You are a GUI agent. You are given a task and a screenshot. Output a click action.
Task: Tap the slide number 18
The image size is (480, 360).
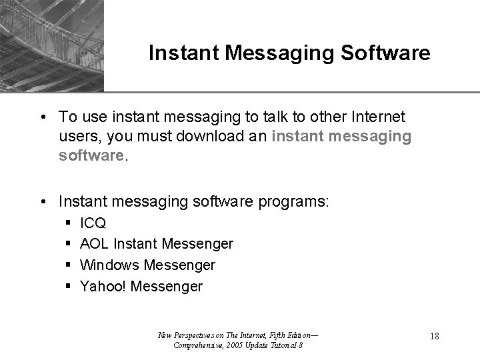[x=435, y=337]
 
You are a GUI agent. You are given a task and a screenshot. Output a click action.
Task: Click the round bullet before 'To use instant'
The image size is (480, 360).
[x=42, y=118]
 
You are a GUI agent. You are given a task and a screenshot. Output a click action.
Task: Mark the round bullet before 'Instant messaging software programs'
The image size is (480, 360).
[x=42, y=201]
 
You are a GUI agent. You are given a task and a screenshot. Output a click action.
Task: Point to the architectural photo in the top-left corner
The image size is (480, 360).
[x=51, y=45]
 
